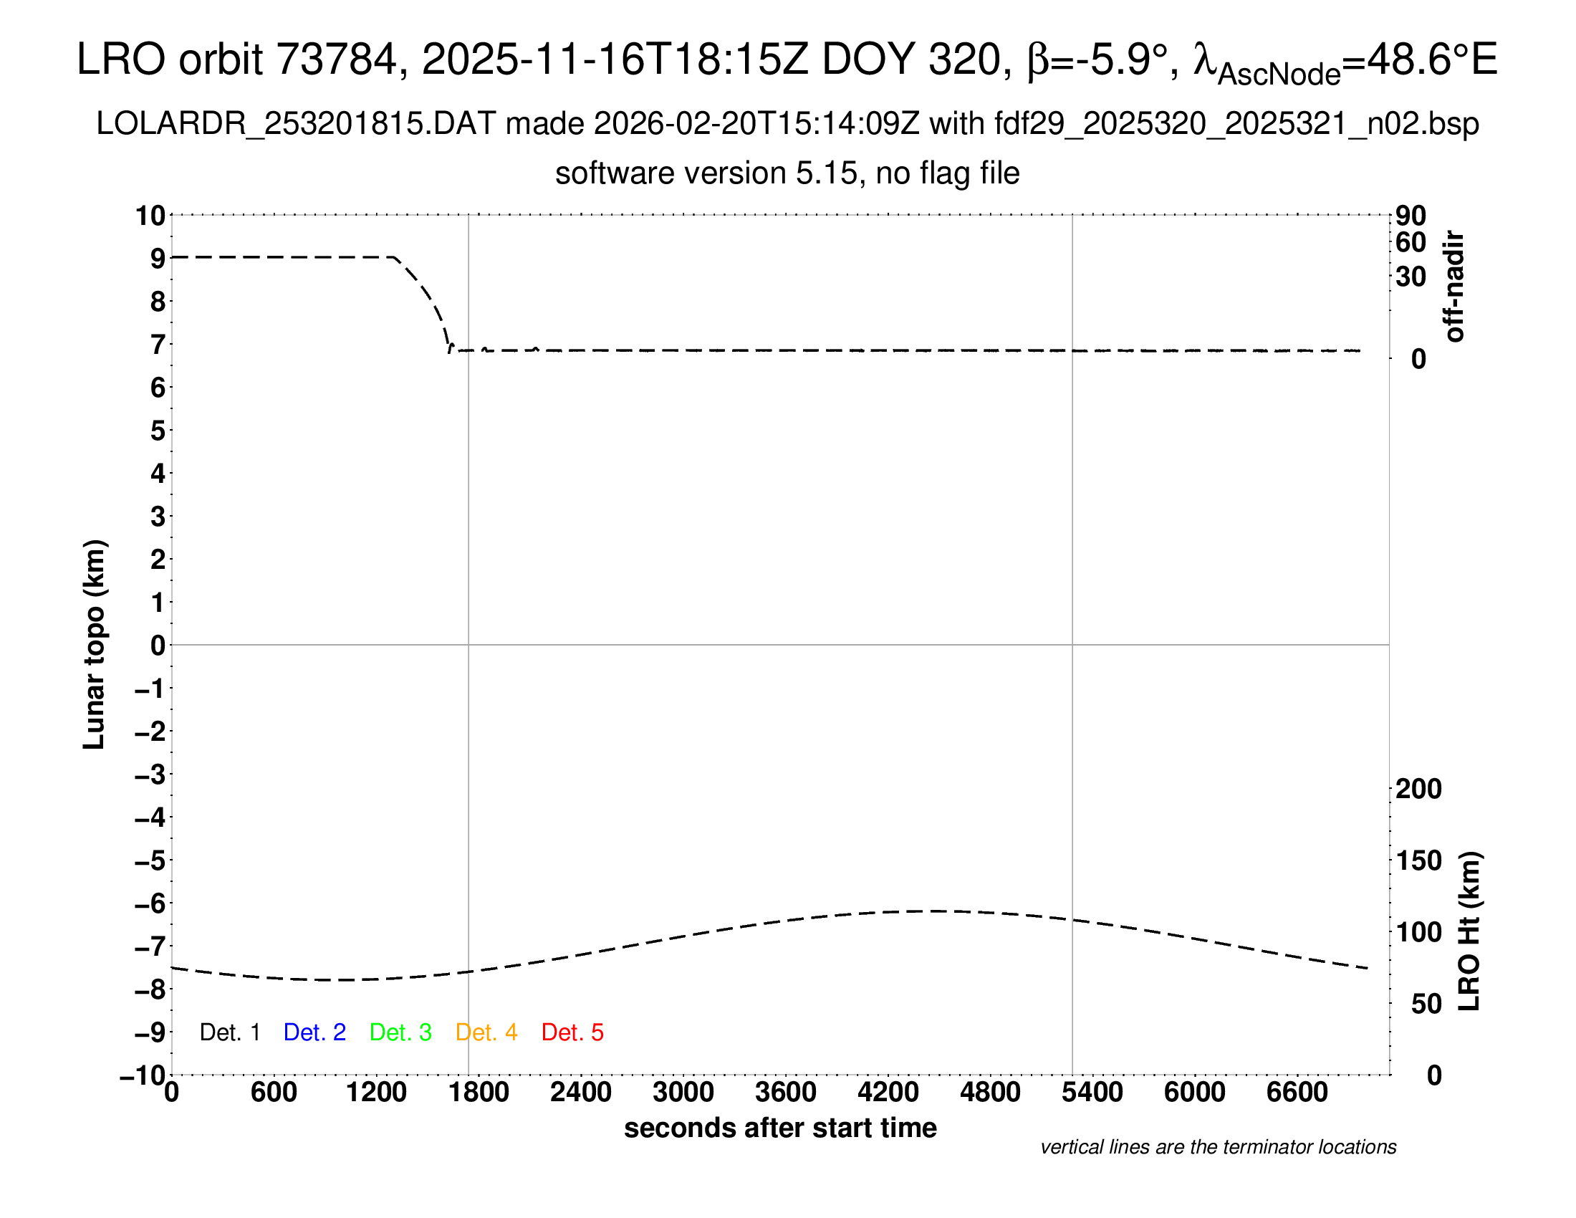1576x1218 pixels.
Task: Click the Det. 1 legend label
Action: pyautogui.click(x=229, y=1032)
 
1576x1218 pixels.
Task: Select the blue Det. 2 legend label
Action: pyautogui.click(x=314, y=1032)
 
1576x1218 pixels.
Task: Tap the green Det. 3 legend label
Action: pyautogui.click(x=400, y=1032)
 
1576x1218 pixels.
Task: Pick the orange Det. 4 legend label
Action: pyautogui.click(x=486, y=1032)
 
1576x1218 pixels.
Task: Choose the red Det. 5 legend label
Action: pyautogui.click(x=572, y=1032)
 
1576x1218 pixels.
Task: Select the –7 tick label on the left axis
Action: pyautogui.click(x=150, y=946)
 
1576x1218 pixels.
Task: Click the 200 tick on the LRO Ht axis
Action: pyautogui.click(x=1418, y=789)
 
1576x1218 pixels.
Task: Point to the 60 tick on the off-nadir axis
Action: pyautogui.click(x=1411, y=242)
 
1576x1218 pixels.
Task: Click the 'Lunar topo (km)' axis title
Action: pyautogui.click(x=95, y=644)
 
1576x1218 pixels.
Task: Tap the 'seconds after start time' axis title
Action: pyautogui.click(x=780, y=1128)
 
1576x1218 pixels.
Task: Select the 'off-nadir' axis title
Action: pyautogui.click(x=1455, y=287)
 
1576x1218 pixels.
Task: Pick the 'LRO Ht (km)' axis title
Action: pyautogui.click(x=1469, y=931)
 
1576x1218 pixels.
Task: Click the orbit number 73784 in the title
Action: pyautogui.click(x=337, y=59)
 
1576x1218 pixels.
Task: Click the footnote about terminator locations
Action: pyautogui.click(x=1218, y=1147)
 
